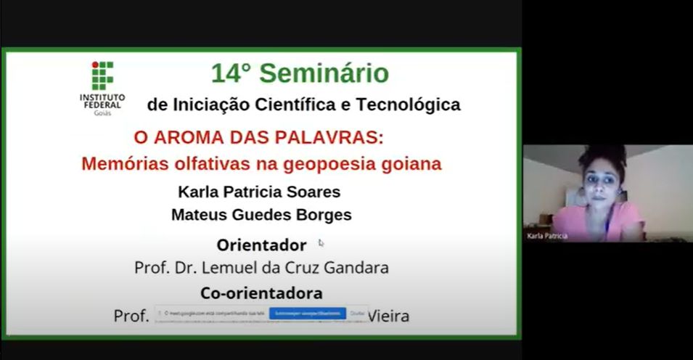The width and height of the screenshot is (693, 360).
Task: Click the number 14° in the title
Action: tap(231, 73)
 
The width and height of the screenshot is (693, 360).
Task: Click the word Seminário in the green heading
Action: tap(324, 73)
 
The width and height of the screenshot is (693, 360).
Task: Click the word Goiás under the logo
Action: tap(102, 112)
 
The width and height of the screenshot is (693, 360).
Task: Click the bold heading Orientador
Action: tap(261, 245)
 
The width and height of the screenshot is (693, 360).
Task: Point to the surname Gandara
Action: tap(357, 268)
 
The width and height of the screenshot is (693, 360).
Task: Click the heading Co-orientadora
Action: tap(261, 293)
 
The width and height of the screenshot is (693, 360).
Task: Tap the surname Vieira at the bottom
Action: tap(389, 316)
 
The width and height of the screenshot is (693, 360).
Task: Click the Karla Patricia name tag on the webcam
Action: tap(548, 236)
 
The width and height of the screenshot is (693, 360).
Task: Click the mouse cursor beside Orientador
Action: tap(321, 243)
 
